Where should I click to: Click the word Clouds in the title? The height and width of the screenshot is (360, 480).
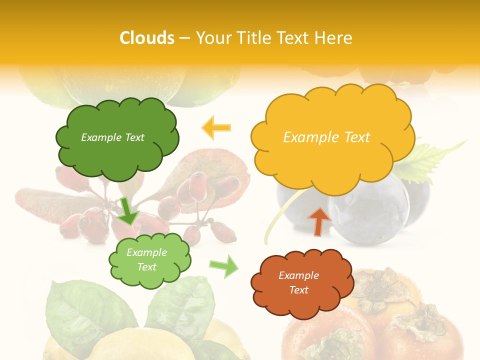tap(147, 38)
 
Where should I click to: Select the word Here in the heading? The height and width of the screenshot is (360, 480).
tap(334, 38)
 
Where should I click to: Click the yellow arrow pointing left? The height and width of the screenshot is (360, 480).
tap(216, 128)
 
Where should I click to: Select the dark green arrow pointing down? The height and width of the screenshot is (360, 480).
tap(128, 211)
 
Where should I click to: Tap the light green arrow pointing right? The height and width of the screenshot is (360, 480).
tap(224, 266)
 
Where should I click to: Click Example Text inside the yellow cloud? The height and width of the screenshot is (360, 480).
tap(326, 137)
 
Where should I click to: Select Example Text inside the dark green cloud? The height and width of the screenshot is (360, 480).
tap(112, 137)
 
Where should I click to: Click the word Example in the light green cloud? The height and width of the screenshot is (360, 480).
tap(146, 252)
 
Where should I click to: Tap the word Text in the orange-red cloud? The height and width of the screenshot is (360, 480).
tap(298, 290)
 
